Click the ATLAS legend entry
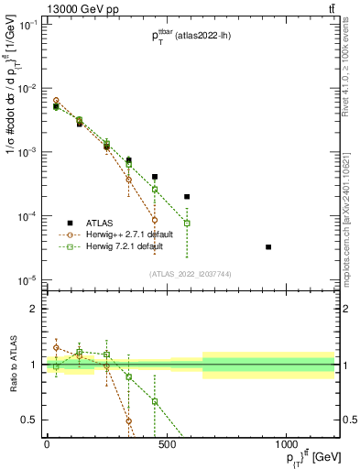click(100, 223)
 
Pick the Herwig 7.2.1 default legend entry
click(121, 246)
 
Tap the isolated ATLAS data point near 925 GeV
click(268, 247)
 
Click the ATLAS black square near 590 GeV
click(187, 196)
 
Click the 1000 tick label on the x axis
click(286, 443)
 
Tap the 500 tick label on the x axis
click(166, 443)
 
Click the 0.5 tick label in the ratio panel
click(29, 420)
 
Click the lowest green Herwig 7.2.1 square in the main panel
click(187, 223)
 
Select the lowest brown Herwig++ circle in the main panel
click(155, 220)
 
